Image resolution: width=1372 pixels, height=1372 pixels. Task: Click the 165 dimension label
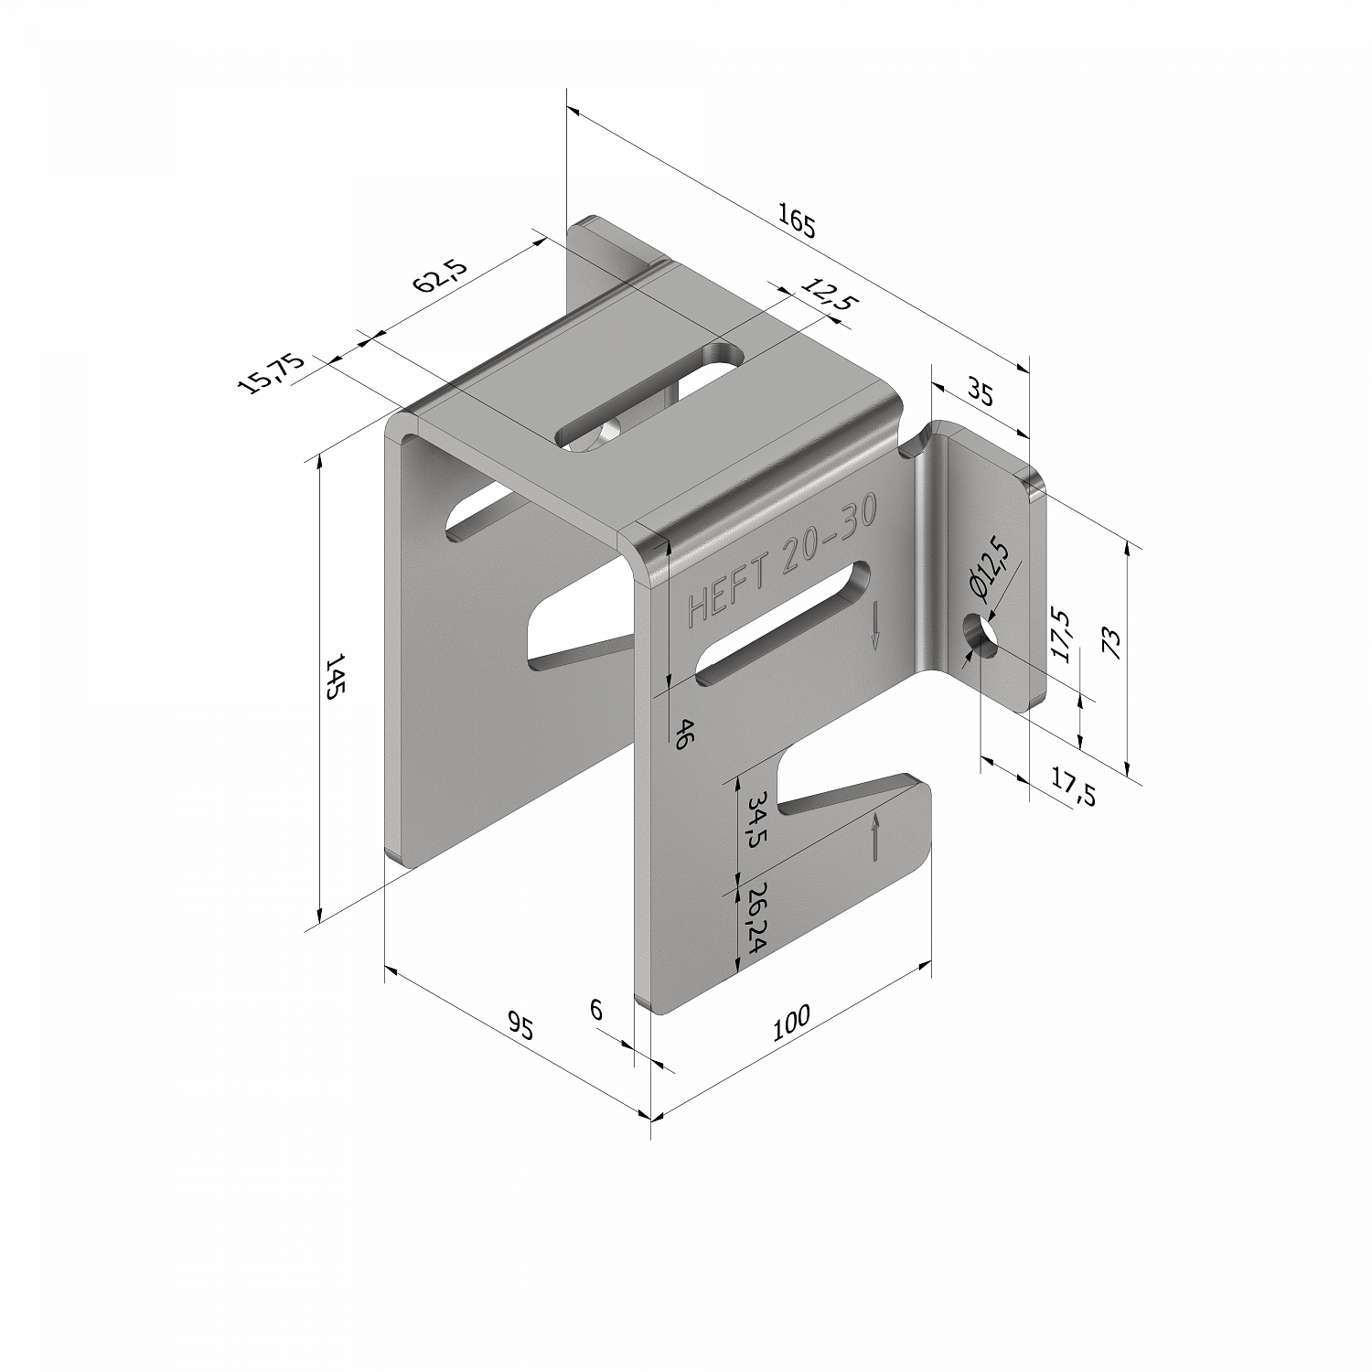pos(796,222)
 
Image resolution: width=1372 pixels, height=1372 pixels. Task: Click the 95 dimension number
pos(520,1027)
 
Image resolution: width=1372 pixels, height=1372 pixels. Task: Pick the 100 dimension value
pos(792,1022)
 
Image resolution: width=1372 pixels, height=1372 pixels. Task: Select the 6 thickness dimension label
pos(596,1010)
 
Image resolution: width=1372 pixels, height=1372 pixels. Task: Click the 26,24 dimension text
pos(755,919)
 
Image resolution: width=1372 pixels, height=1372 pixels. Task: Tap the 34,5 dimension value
pos(755,820)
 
